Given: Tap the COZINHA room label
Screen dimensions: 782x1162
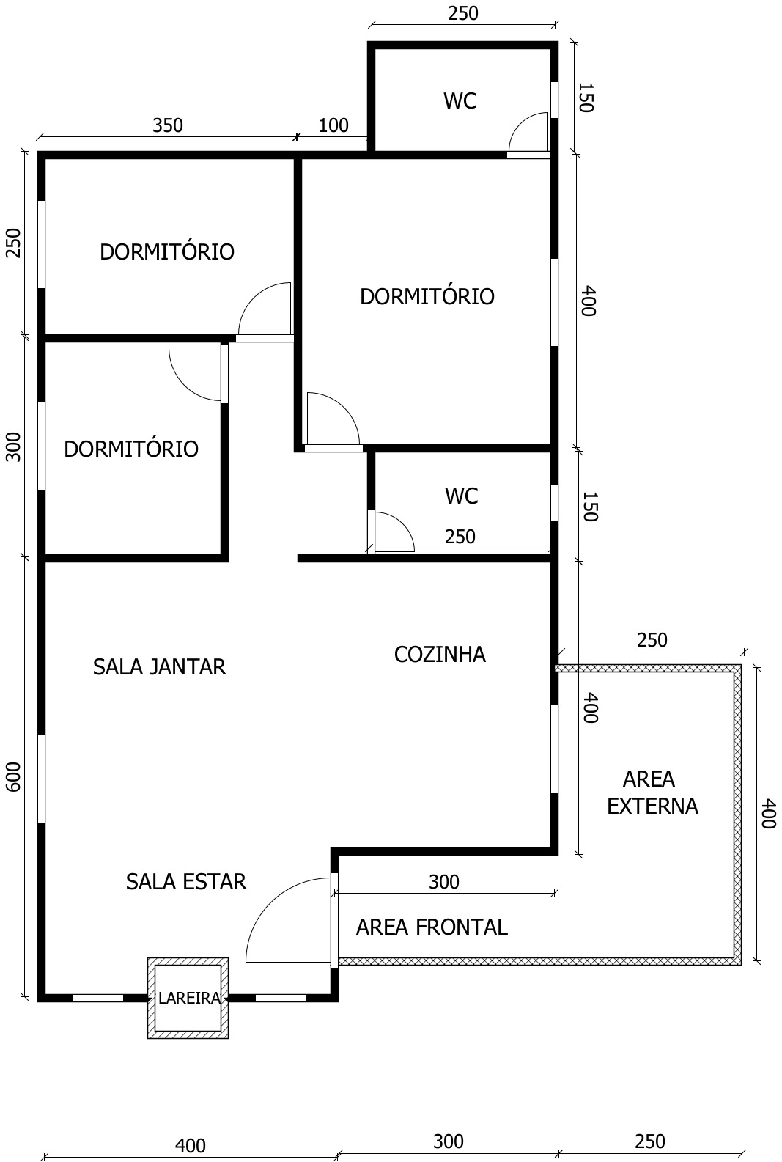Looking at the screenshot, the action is [x=440, y=655].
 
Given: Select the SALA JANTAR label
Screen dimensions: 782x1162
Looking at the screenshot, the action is [x=160, y=667].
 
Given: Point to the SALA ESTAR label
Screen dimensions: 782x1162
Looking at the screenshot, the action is [x=186, y=882].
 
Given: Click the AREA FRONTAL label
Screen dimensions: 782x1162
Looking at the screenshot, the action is [x=432, y=927].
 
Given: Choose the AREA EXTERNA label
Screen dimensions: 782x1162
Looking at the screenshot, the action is [x=652, y=793].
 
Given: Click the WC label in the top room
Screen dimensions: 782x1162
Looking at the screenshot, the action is [x=460, y=101].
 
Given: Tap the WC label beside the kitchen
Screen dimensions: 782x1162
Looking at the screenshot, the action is [x=462, y=496].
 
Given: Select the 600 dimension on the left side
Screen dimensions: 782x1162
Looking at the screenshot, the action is [x=13, y=777].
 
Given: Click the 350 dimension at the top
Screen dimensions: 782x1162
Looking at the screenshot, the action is [x=168, y=125].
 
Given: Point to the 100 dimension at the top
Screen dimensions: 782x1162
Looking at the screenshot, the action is [x=333, y=125].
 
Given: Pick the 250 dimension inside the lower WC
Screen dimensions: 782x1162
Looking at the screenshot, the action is [x=460, y=537].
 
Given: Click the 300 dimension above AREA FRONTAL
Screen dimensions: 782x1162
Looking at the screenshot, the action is [x=444, y=882].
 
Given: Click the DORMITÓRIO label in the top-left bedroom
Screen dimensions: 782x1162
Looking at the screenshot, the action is [x=167, y=252].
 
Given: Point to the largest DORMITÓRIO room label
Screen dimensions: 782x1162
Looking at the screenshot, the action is [x=427, y=297].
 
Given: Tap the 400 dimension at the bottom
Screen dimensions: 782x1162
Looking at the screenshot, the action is [x=191, y=1145].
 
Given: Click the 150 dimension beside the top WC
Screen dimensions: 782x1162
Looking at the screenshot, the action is [x=586, y=98].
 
